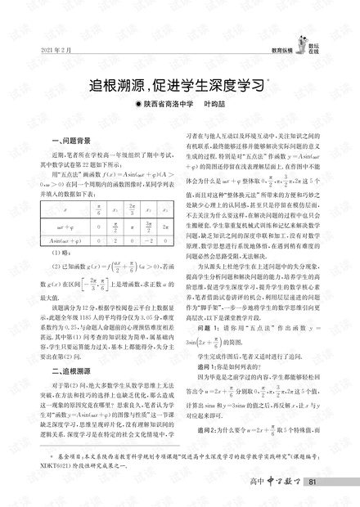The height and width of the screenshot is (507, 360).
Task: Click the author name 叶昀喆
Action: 212,105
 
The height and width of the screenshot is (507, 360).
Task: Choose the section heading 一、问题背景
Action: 70,140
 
